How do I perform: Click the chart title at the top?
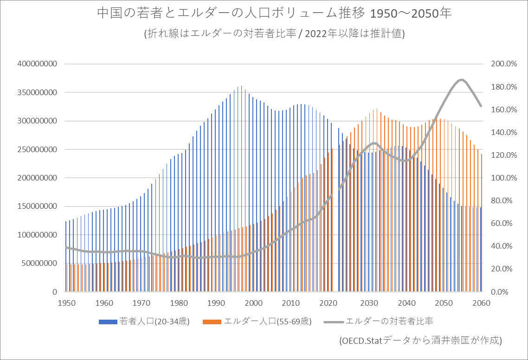pos(274,13)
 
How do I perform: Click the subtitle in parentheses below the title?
pos(274,34)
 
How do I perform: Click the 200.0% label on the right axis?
pos(504,64)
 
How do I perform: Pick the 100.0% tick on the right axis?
pos(504,178)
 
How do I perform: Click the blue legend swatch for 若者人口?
pos(108,321)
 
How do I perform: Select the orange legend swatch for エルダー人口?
pos(212,321)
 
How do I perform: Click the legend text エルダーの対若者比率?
pos(390,321)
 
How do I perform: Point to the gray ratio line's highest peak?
pos(461,80)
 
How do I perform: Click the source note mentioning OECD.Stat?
pos(421,340)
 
